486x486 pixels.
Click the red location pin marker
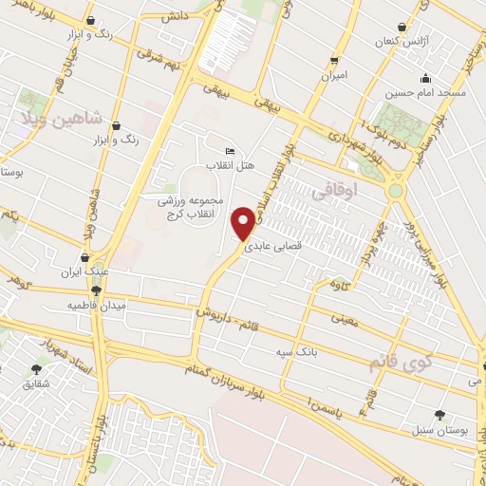pos(244,222)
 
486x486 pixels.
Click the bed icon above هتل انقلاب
pos(231,152)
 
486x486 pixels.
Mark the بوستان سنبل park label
pos(439,430)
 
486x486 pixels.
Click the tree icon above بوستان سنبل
pos(439,414)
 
